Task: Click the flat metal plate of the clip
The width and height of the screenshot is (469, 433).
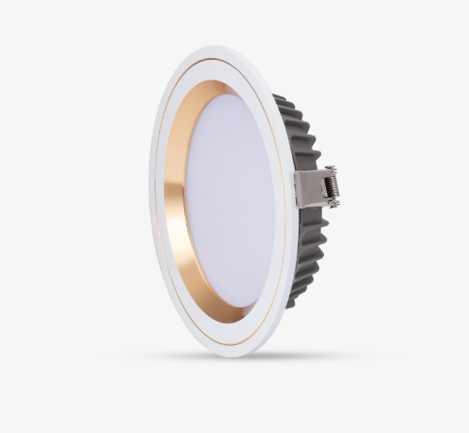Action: (x=307, y=187)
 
